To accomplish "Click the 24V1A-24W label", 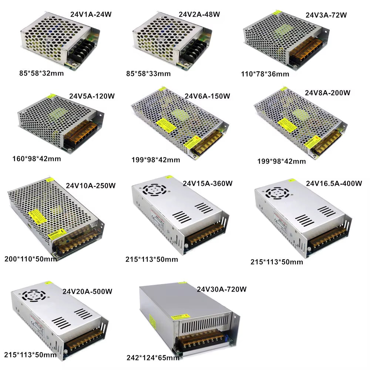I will [91, 14].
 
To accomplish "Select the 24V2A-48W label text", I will [199, 14].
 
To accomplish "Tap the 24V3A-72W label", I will [326, 16].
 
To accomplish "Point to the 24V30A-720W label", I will [222, 289].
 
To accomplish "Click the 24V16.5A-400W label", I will [334, 184].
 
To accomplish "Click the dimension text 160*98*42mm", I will [36, 159].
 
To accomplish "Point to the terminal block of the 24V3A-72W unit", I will [306, 53].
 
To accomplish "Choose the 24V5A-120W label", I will [92, 96].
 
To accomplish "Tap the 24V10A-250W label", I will [91, 185].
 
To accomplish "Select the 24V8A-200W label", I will [327, 92].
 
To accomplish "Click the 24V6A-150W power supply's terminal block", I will [208, 143].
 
